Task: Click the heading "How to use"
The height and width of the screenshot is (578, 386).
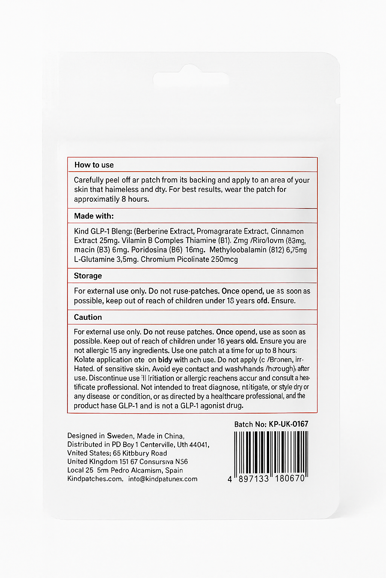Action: (x=94, y=165)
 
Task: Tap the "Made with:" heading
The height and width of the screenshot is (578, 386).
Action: (x=93, y=216)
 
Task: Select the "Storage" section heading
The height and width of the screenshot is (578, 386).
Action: (x=88, y=276)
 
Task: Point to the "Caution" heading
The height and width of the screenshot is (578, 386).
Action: (x=88, y=317)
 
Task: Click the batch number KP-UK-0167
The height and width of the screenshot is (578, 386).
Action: (x=288, y=424)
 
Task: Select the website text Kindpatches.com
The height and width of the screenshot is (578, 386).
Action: (x=95, y=479)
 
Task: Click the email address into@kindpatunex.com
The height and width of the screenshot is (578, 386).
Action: (x=163, y=479)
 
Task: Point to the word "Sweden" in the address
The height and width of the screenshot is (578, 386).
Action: (x=120, y=436)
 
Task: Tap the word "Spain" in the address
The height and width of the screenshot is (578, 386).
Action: (x=174, y=470)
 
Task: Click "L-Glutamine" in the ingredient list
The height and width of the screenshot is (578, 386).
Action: (x=94, y=259)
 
